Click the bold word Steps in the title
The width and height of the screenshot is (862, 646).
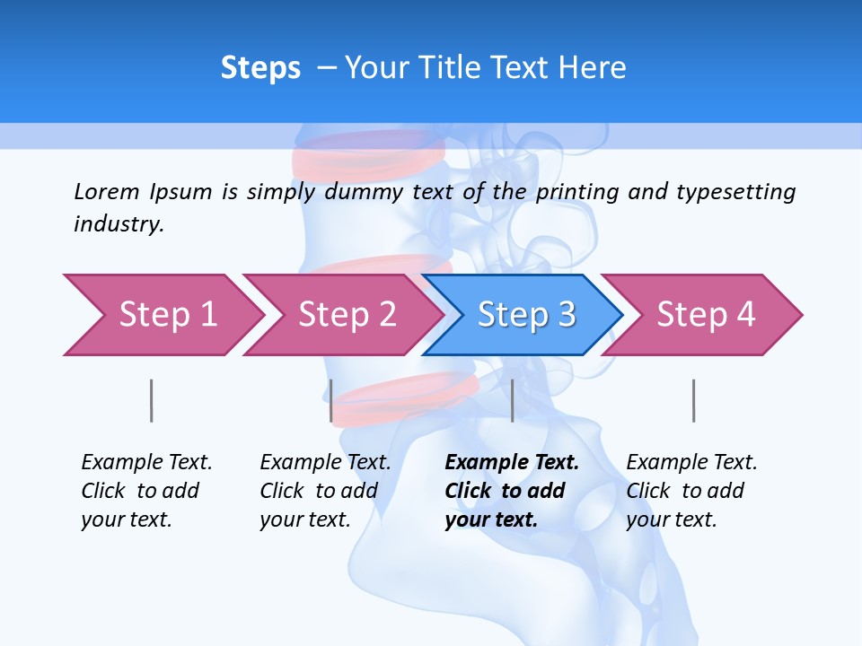260,68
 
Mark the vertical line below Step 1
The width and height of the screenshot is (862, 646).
152,400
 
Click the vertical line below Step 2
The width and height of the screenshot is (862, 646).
331,400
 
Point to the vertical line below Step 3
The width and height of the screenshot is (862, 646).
513,400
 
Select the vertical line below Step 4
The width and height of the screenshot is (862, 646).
694,400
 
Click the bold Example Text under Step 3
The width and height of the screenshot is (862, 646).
512,463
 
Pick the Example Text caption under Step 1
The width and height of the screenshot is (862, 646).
146,463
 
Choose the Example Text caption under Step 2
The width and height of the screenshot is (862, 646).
325,463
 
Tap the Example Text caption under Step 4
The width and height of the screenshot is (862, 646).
691,463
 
